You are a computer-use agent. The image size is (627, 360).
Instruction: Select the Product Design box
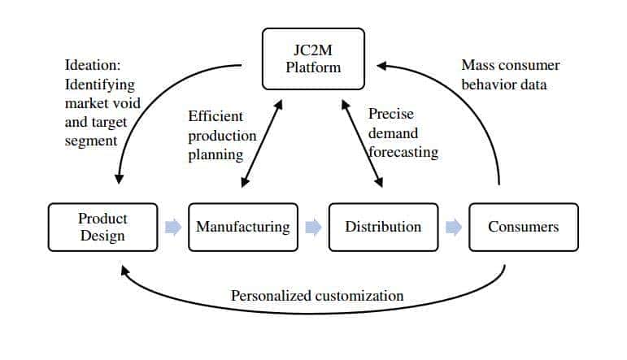point(102,227)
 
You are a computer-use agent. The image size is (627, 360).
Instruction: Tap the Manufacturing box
point(242,227)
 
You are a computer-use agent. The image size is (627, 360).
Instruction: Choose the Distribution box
point(383,227)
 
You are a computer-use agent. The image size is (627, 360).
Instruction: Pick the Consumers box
point(523,227)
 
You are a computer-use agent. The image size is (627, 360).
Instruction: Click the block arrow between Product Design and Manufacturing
point(172,227)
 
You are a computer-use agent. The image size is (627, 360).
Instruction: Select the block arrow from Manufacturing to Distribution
point(313,227)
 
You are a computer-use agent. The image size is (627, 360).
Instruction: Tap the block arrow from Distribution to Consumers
point(454,227)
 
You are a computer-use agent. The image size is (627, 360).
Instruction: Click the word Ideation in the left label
point(91,66)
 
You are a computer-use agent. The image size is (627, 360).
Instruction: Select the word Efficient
point(215,116)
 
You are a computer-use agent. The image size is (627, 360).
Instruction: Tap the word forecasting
point(403,152)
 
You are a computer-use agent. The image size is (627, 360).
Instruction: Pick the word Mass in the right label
point(477,65)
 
